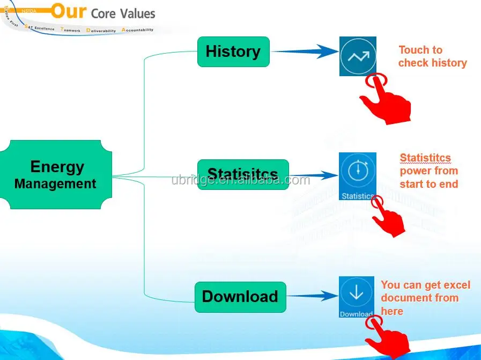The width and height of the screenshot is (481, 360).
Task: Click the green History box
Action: pos(233,52)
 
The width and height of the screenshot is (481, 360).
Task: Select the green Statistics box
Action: pos(243,174)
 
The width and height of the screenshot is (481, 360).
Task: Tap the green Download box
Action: pos(240,297)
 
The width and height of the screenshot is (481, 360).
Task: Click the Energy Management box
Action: pos(56,175)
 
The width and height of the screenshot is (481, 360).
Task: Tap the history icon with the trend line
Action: pos(358,56)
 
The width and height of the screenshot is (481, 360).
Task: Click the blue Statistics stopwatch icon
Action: pos(357,176)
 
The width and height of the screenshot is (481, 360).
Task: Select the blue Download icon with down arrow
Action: pos(356,297)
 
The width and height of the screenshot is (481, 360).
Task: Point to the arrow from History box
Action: pos(303,52)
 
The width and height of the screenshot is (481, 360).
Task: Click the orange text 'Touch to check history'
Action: pos(432,56)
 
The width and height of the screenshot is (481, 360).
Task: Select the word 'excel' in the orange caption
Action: pos(456,285)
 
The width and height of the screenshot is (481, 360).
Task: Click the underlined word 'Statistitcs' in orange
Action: pos(425,158)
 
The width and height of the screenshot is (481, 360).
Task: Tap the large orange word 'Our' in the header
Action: pos(69,11)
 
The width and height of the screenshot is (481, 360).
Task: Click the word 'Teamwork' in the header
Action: pos(71,30)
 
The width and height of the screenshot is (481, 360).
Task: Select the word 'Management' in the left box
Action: pos(55,184)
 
